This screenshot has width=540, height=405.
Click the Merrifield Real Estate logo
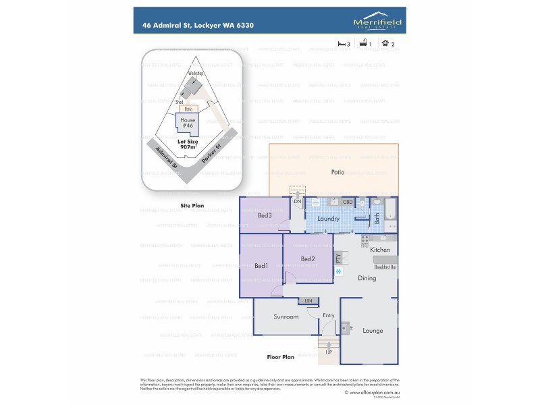377,24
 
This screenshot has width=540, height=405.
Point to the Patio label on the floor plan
338,172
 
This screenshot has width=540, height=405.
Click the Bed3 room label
265,215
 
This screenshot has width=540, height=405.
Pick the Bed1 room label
261,266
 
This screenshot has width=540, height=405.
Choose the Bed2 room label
308,259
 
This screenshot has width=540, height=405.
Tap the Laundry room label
327,219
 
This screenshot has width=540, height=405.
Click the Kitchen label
380,250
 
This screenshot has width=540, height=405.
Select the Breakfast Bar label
385,267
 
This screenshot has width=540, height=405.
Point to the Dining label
367,278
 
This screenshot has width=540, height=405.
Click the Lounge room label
373,331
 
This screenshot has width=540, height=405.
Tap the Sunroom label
286,316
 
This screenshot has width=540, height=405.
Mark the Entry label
329,316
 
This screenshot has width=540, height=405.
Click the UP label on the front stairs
329,352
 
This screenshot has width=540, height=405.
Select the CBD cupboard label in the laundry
348,202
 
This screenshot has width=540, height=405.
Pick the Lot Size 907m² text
188,145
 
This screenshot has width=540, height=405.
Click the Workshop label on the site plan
196,73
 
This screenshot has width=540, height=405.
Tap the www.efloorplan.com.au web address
372,392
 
